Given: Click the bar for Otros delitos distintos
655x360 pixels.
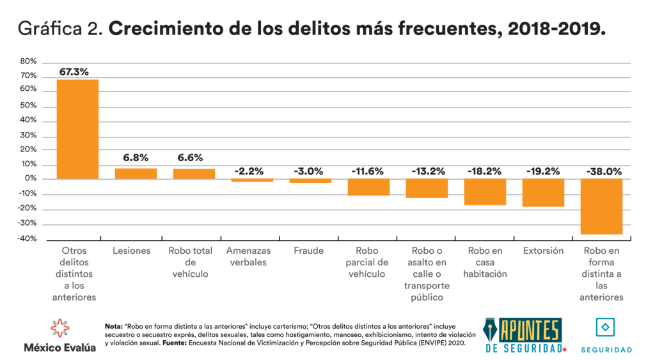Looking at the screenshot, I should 77,129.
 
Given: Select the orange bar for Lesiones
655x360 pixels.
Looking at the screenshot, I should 136,173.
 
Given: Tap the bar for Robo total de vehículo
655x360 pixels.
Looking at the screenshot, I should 194,173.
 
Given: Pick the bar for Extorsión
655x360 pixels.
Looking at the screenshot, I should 543,192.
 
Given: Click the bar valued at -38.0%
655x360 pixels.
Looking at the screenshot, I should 601,207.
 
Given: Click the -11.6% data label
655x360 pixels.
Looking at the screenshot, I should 368,171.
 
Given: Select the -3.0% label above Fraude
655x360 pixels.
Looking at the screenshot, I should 310,171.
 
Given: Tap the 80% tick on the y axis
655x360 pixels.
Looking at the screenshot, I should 29,62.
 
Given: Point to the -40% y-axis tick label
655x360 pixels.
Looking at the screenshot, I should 28,239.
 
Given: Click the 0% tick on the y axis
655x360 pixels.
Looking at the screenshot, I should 31,179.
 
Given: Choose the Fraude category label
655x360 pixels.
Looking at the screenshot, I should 310,251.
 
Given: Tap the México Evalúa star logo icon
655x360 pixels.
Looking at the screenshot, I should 59,328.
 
